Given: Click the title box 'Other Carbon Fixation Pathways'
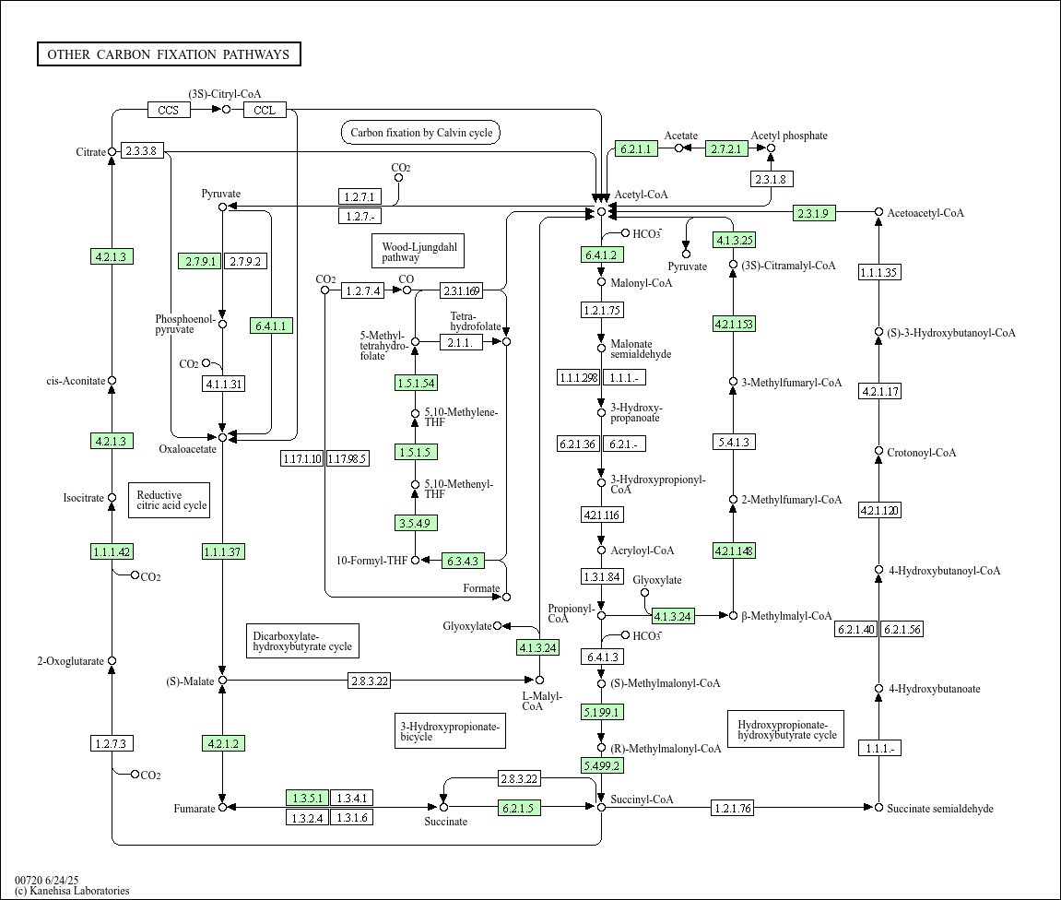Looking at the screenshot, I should click(x=169, y=54).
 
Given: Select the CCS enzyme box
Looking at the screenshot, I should click(x=169, y=110).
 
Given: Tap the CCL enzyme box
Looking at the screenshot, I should click(x=265, y=110).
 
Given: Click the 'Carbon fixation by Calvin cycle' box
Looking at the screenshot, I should click(x=420, y=133).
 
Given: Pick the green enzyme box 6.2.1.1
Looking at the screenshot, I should click(x=636, y=148).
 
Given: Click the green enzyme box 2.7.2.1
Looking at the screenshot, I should click(x=726, y=148).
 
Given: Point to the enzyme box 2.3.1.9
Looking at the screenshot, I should click(x=814, y=213).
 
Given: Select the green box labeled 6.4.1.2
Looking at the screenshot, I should click(x=601, y=255).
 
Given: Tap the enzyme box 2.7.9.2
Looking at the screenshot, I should click(x=244, y=261).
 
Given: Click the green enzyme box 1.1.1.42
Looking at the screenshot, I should click(x=112, y=551).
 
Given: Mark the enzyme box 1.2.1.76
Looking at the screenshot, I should click(x=732, y=809).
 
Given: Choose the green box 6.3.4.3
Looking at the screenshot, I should click(x=463, y=560).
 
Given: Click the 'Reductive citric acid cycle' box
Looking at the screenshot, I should click(x=169, y=500).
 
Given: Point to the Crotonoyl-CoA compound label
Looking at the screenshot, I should click(x=921, y=453).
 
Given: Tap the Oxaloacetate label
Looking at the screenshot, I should click(x=187, y=450).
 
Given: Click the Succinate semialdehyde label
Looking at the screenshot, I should click(x=939, y=809).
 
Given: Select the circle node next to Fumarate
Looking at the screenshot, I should click(x=222, y=808).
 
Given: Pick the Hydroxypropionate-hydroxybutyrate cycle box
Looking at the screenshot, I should click(x=786, y=728).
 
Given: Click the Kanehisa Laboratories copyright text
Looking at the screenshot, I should click(x=72, y=891).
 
